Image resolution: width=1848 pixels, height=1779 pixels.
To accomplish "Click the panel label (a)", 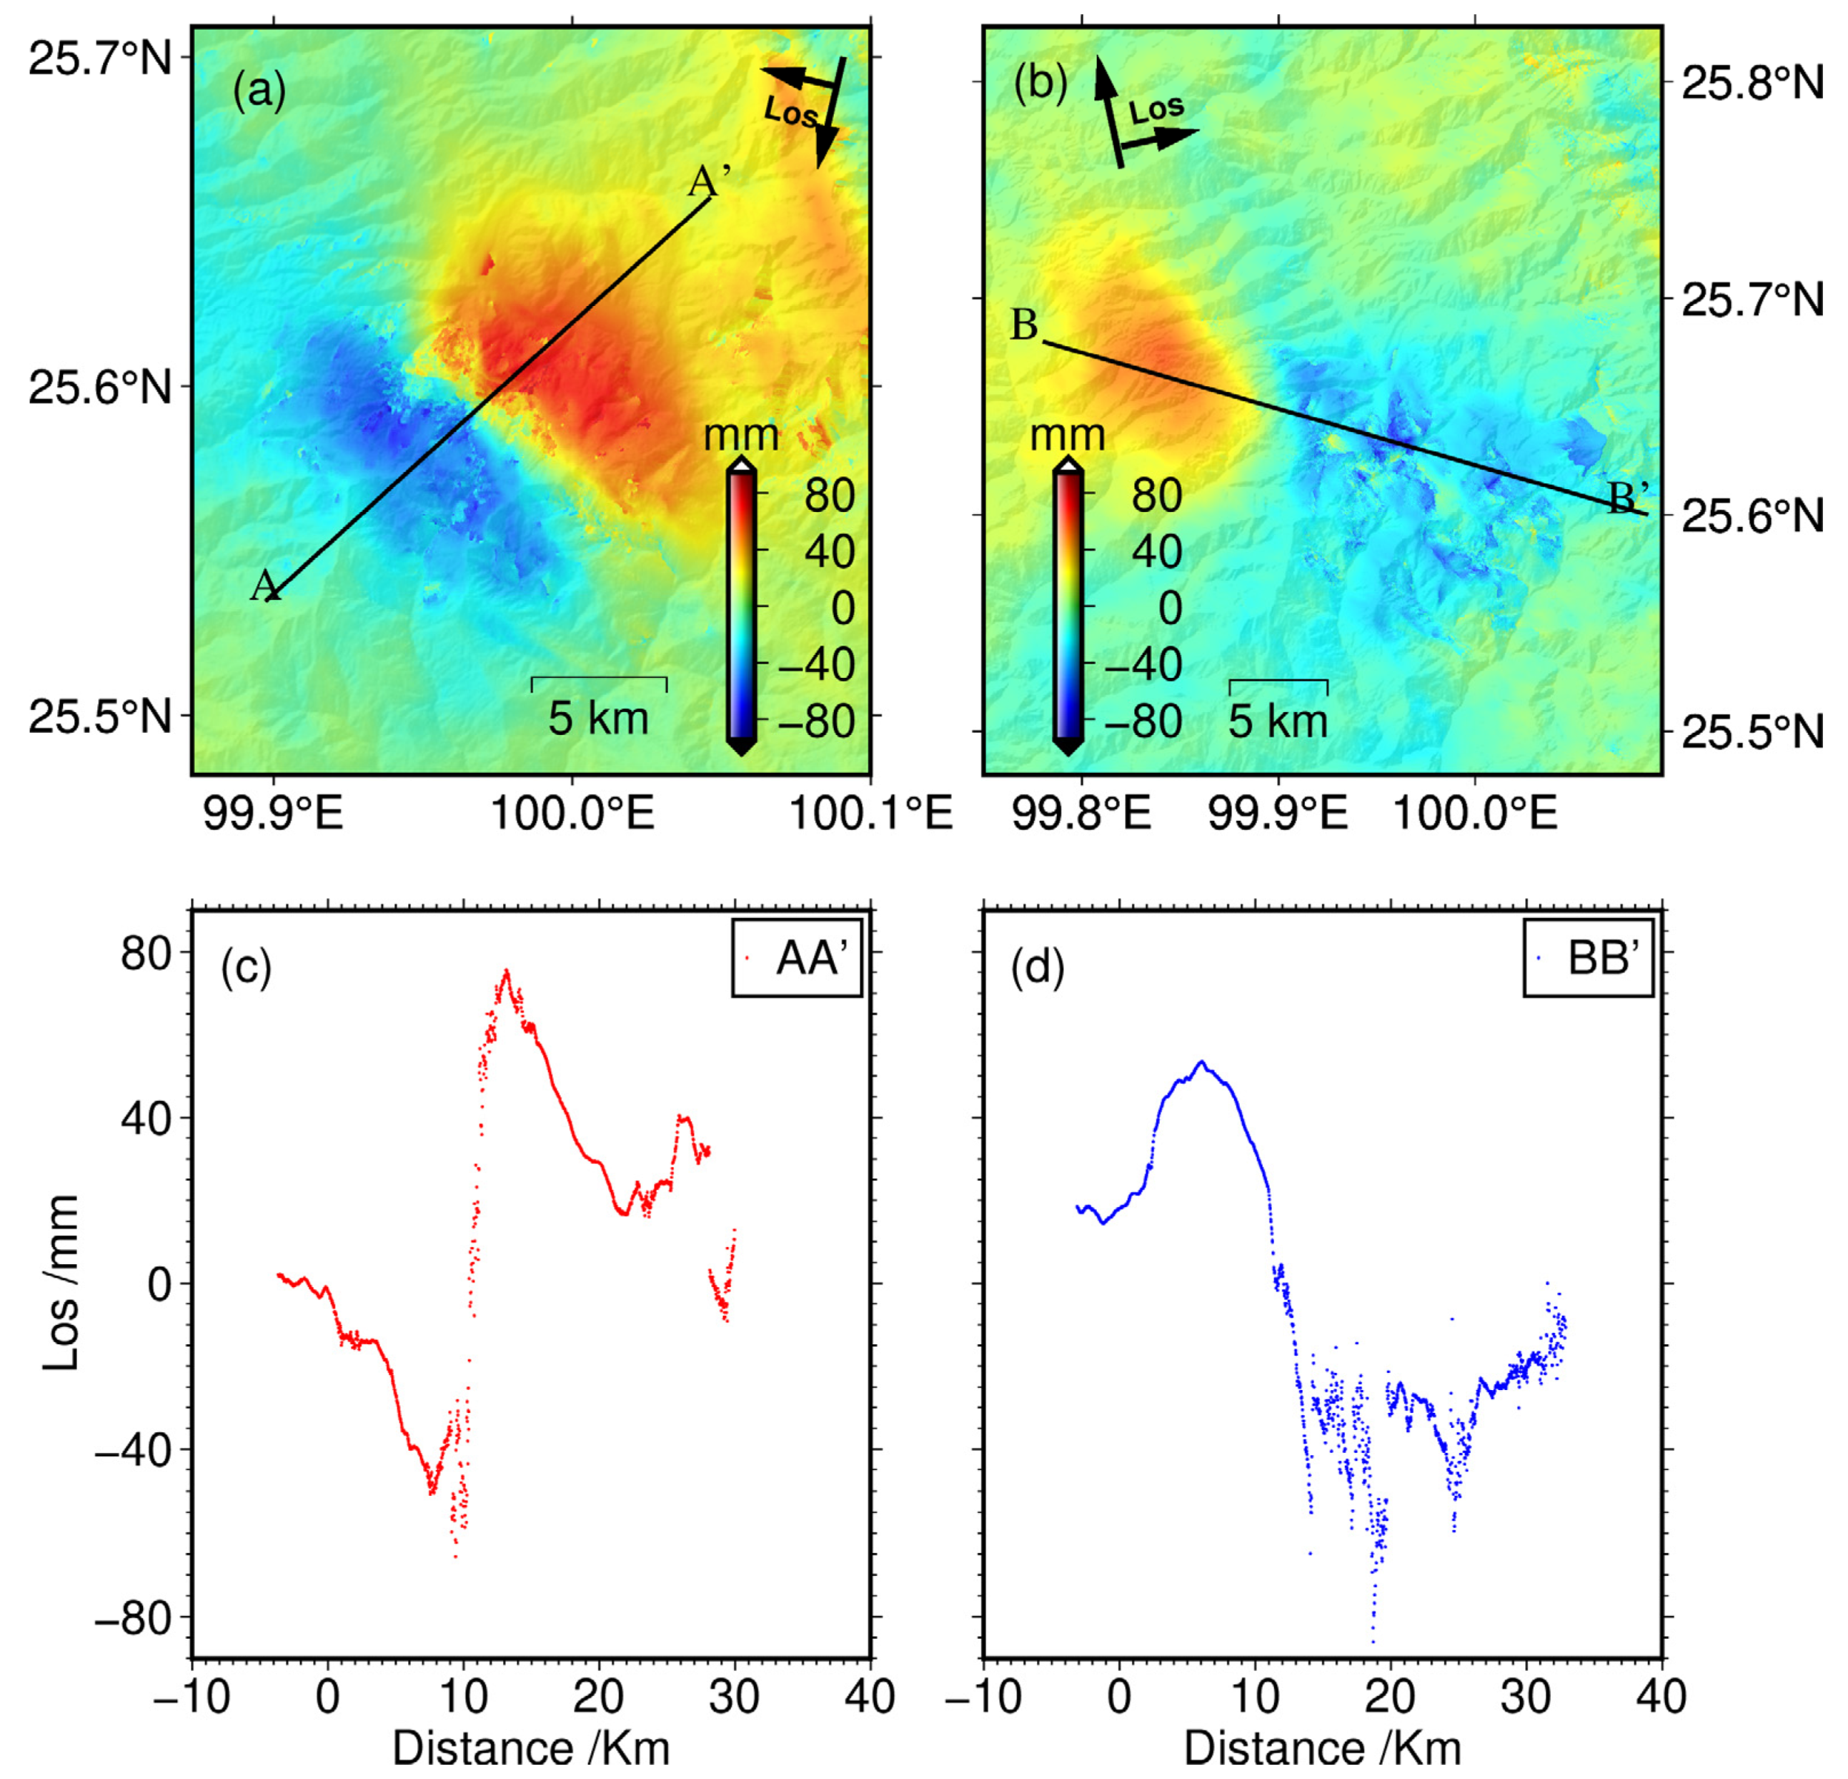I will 259,92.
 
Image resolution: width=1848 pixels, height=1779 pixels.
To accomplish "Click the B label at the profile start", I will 1024,325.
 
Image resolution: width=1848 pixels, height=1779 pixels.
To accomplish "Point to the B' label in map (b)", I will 1629,496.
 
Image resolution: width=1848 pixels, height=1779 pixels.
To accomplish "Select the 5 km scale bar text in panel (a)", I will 599,719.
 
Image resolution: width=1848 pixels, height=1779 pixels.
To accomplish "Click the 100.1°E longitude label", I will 870,813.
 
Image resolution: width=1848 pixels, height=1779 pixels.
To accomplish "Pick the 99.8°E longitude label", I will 1081,813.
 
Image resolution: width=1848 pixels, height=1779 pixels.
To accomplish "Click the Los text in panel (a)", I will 790,113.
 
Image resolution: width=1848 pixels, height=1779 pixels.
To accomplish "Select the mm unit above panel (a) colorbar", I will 741,435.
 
